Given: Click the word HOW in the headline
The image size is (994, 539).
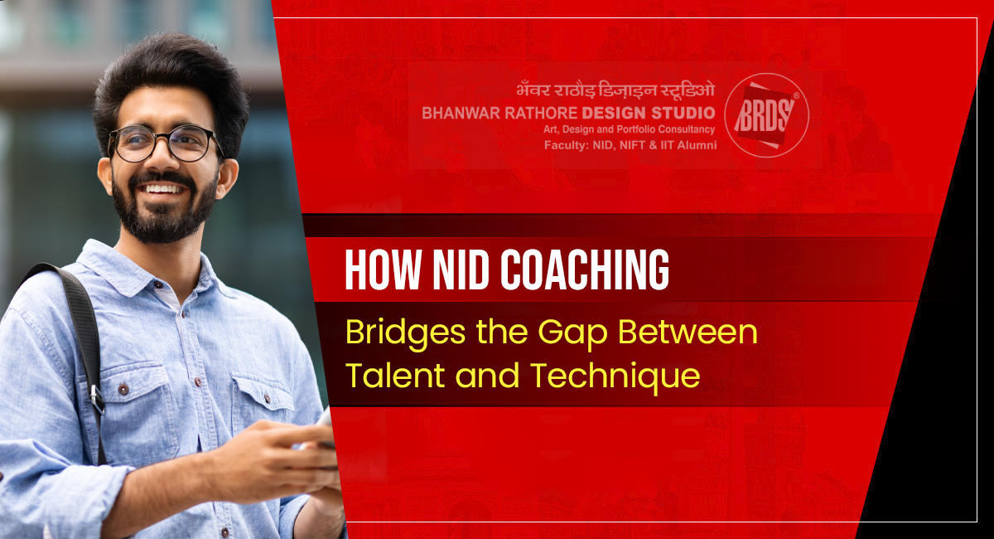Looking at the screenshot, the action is (x=383, y=269).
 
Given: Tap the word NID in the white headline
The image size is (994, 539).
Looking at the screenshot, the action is (x=461, y=269).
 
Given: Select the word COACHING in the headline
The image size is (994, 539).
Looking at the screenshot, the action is (x=586, y=269).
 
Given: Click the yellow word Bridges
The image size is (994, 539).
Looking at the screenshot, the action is (x=405, y=333).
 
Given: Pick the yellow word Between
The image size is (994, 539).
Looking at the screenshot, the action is (x=688, y=332).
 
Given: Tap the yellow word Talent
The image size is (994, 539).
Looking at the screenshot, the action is (x=395, y=376).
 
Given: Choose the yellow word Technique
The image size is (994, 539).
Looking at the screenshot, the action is (x=615, y=376).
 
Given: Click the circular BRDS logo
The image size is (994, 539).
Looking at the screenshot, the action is (x=767, y=115).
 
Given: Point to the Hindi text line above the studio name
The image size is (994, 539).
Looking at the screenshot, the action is (x=615, y=90).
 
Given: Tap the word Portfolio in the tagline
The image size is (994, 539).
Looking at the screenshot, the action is (x=635, y=129).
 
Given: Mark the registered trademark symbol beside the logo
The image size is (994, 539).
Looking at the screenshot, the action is (x=797, y=95).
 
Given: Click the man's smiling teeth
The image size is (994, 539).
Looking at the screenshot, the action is (x=162, y=189).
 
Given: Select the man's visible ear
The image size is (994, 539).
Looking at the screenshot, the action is (x=226, y=177).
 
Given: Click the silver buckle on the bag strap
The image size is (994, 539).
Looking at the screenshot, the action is (x=97, y=398).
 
